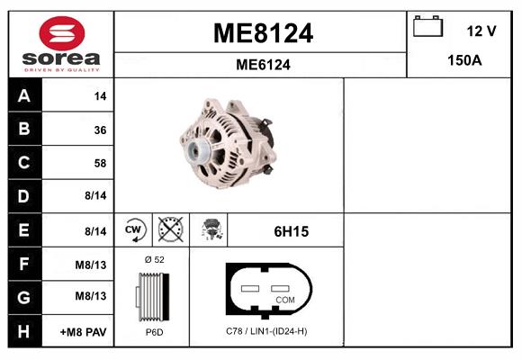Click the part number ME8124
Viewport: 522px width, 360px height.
[262, 33]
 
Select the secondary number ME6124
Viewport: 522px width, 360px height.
[262, 65]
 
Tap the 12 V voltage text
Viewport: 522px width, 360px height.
[481, 31]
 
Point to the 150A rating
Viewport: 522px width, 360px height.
[465, 62]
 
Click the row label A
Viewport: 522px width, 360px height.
[23, 95]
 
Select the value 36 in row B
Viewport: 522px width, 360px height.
[99, 130]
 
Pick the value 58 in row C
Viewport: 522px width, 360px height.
[99, 164]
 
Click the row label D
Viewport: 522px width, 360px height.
[23, 196]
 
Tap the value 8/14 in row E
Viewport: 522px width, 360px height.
[95, 231]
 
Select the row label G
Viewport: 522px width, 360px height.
[23, 297]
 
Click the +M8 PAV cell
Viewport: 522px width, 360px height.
[84, 331]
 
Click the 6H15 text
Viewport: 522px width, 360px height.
[291, 231]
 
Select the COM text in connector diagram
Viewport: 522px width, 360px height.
[284, 299]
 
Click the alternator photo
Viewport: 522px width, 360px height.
[227, 144]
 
